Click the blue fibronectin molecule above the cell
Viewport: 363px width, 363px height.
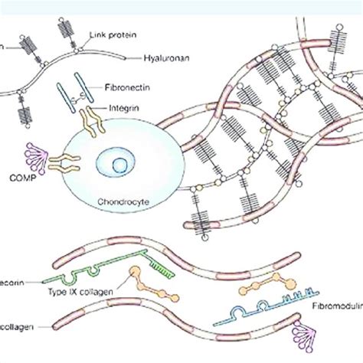point(91,91)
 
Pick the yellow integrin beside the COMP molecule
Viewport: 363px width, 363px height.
point(64,161)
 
